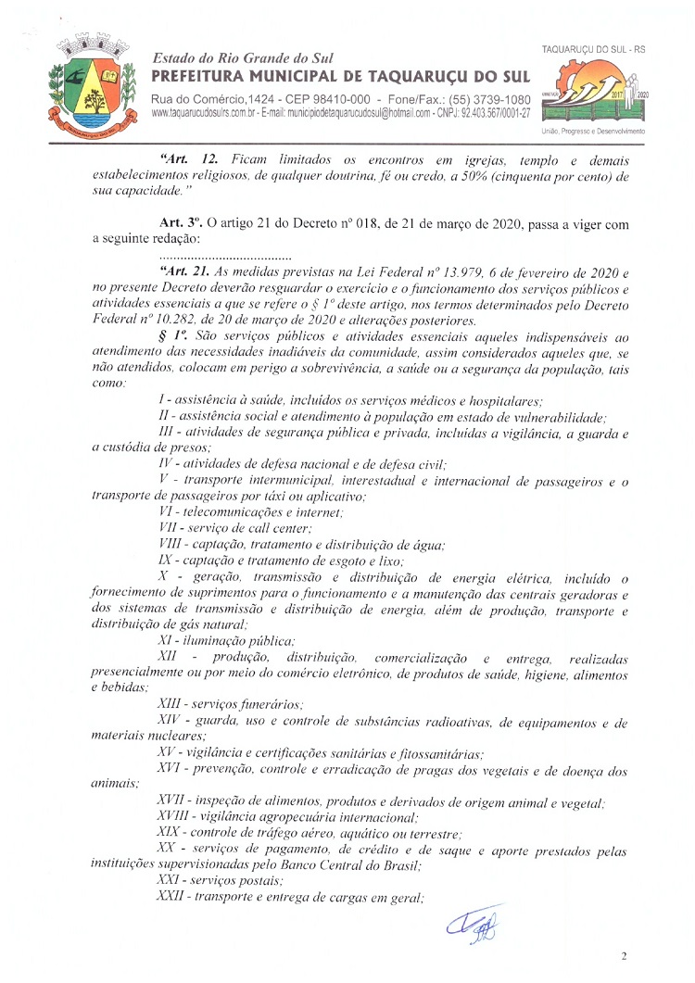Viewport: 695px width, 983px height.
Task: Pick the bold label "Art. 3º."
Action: [181, 223]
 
